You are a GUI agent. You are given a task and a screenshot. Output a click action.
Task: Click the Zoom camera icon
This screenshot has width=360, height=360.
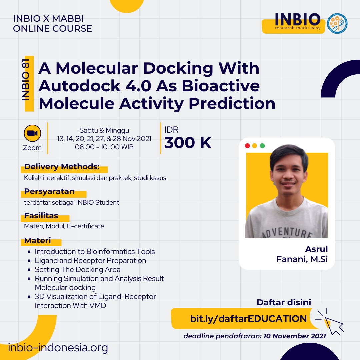[x=32, y=133]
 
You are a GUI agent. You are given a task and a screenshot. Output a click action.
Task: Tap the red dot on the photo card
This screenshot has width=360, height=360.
[x=247, y=146]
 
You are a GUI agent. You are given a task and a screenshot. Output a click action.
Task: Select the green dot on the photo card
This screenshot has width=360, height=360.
[x=262, y=146]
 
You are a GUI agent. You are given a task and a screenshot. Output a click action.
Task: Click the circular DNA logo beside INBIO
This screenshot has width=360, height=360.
[x=337, y=23]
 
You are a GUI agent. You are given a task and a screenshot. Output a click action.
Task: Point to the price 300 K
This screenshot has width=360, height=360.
[x=188, y=143]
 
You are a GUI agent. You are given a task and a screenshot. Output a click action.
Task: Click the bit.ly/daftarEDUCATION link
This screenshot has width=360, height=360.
[x=248, y=319]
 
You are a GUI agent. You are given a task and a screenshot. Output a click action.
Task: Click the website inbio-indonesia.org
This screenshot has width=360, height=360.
[x=58, y=347]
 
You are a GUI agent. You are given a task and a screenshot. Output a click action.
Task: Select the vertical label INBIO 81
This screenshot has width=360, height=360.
[x=26, y=80]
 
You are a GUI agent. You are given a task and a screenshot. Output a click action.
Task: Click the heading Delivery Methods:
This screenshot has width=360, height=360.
[x=62, y=166]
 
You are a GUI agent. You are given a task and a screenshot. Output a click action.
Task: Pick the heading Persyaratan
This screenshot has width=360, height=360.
[x=49, y=191]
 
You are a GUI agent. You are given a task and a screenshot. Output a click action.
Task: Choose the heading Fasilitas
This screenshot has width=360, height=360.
[x=41, y=216]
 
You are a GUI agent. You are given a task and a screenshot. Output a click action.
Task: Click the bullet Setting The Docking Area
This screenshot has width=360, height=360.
[x=78, y=269]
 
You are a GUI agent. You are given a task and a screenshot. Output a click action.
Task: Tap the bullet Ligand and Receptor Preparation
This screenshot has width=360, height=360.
[x=90, y=260]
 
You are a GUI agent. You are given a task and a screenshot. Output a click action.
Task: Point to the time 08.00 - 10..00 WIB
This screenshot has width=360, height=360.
[x=104, y=147]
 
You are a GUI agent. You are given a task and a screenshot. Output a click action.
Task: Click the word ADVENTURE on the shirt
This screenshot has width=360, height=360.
[x=287, y=232]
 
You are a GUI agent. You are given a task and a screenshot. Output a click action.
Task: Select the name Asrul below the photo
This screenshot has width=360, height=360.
[x=316, y=249]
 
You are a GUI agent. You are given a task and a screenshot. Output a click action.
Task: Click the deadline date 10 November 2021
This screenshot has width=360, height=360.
[x=295, y=336]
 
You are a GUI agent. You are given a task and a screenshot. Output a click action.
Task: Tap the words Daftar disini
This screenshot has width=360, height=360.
[x=284, y=302]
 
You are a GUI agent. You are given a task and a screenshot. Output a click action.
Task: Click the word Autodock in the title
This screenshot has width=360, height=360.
[x=79, y=86]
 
